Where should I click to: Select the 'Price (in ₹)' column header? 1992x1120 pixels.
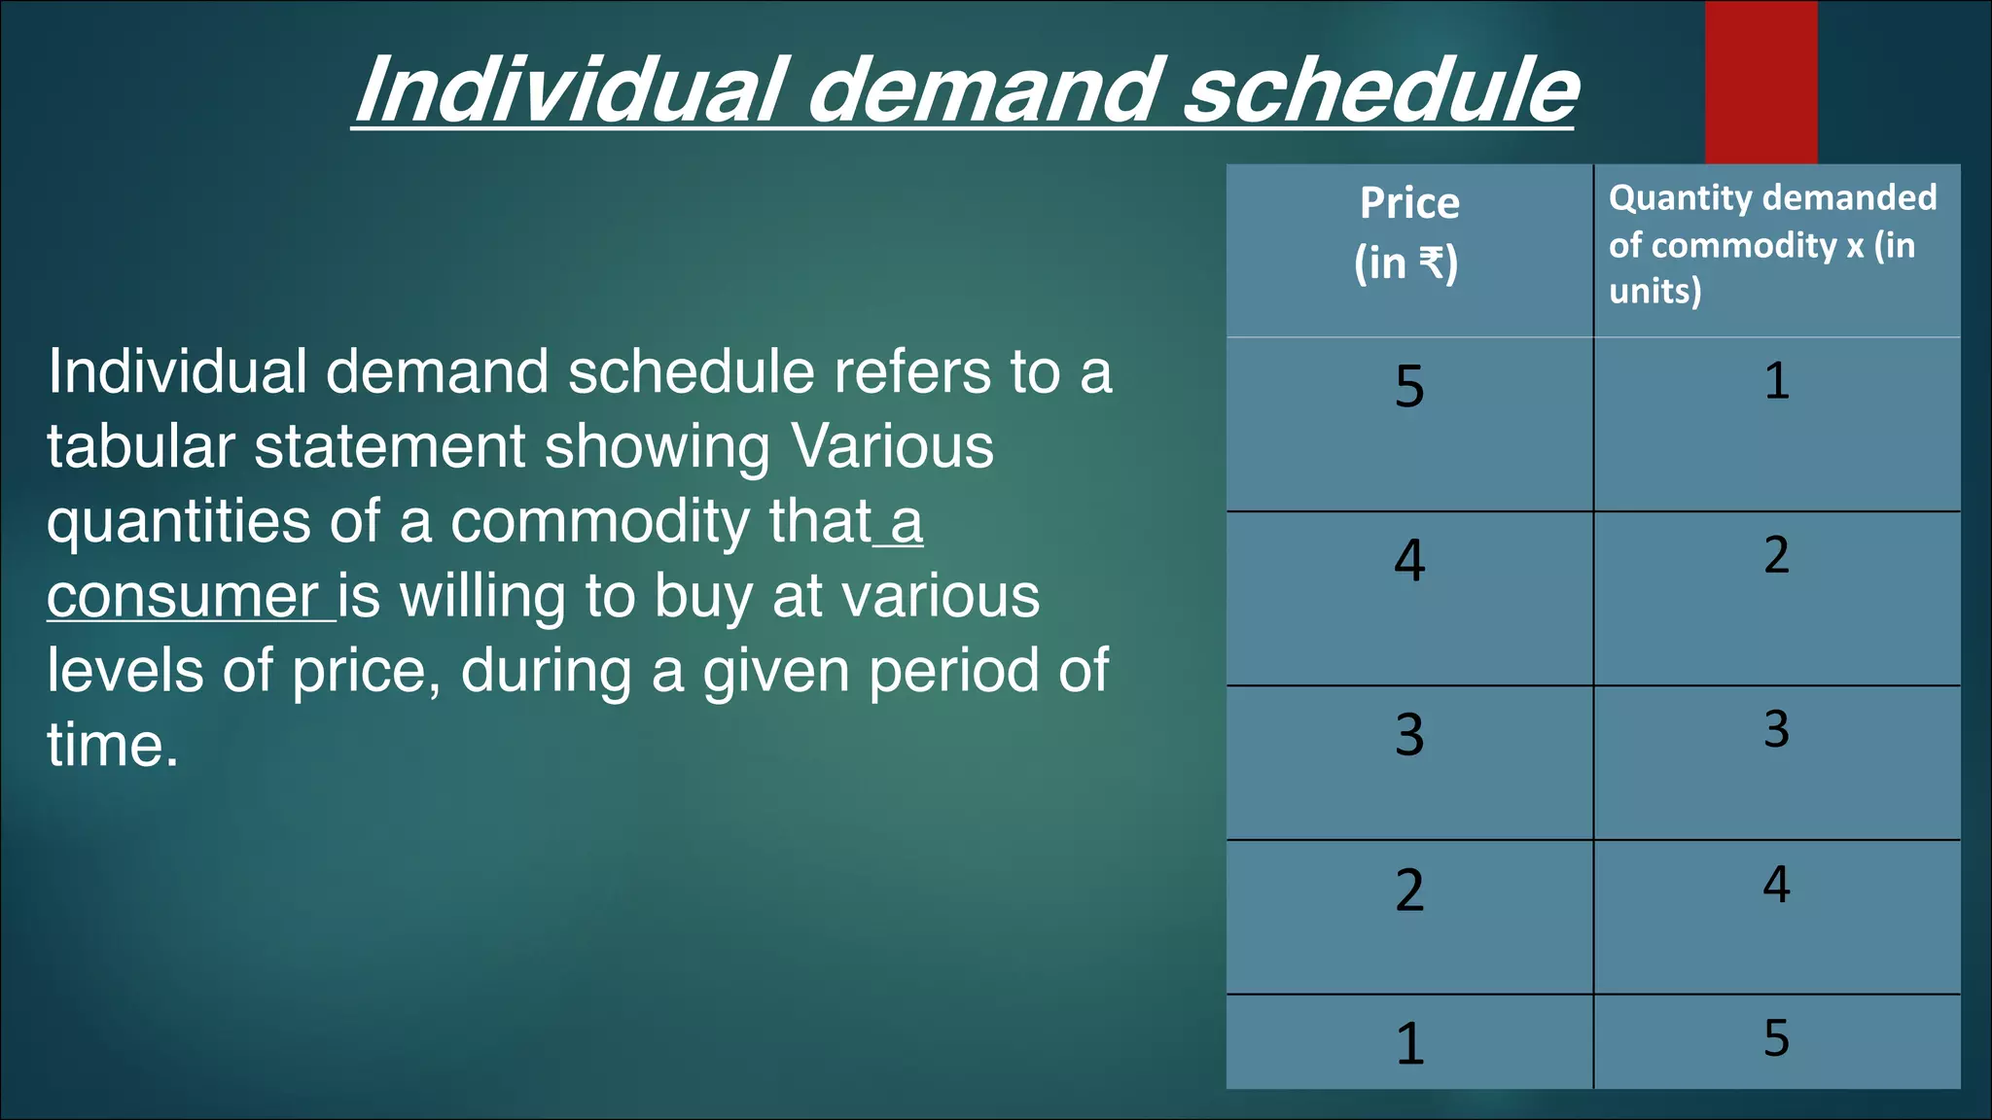[x=1409, y=233]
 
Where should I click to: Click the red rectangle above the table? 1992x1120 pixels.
[x=1761, y=83]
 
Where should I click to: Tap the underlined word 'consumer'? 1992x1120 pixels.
[x=183, y=597]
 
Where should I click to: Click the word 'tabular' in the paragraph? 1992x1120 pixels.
[x=141, y=447]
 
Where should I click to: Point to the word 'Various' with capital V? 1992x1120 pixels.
[x=892, y=447]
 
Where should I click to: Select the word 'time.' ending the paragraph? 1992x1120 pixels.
[x=113, y=746]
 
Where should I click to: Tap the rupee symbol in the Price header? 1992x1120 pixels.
[x=1432, y=262]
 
